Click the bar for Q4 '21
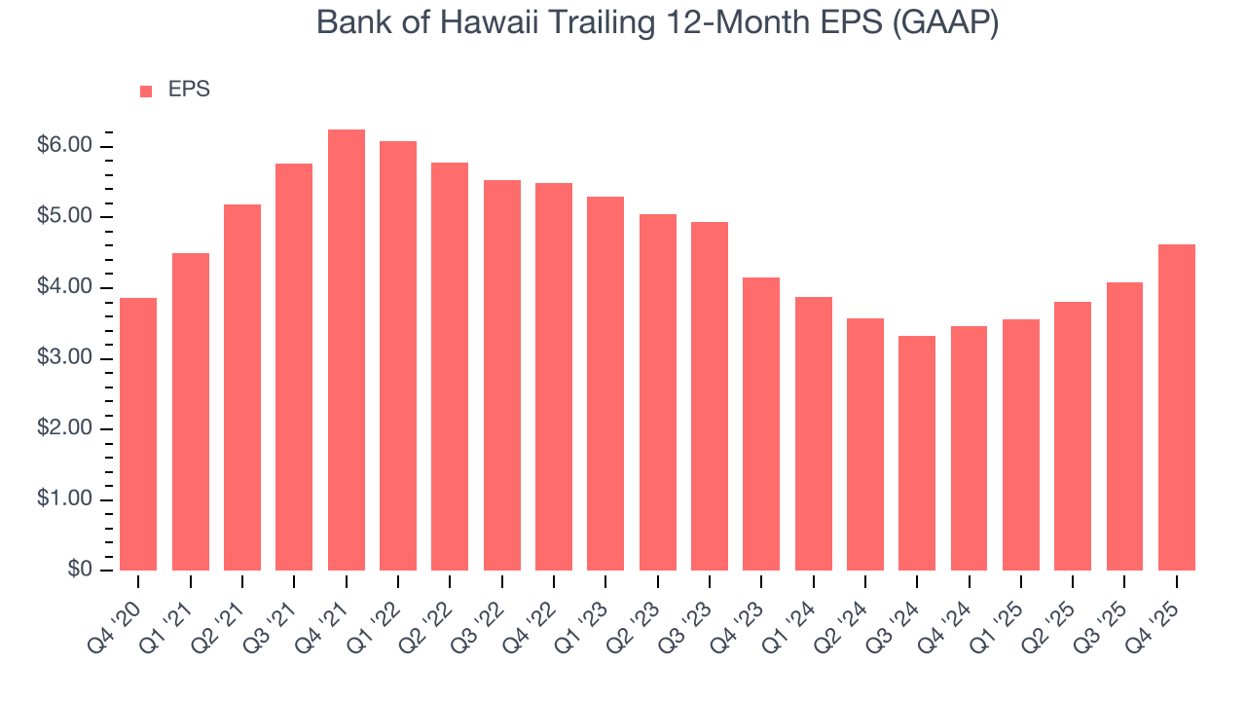coord(347,350)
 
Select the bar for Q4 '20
coord(138,434)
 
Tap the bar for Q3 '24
coord(917,453)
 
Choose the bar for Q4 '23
coord(761,424)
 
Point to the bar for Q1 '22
coord(398,356)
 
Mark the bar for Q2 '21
coord(242,387)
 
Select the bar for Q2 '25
coord(1073,436)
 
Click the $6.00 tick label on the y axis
coord(64,146)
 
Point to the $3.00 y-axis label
coord(64,358)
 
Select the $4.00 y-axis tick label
coord(64,287)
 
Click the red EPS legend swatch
coord(146,92)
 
